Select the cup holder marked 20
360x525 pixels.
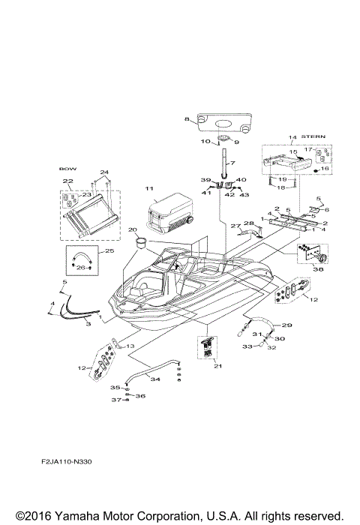click(x=139, y=242)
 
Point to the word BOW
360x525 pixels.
click(x=67, y=169)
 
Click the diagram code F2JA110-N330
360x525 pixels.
click(x=73, y=462)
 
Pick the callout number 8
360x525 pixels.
click(x=187, y=120)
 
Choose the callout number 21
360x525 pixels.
click(x=218, y=365)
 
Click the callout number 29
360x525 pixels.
click(x=286, y=325)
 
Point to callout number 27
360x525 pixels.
click(x=233, y=225)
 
